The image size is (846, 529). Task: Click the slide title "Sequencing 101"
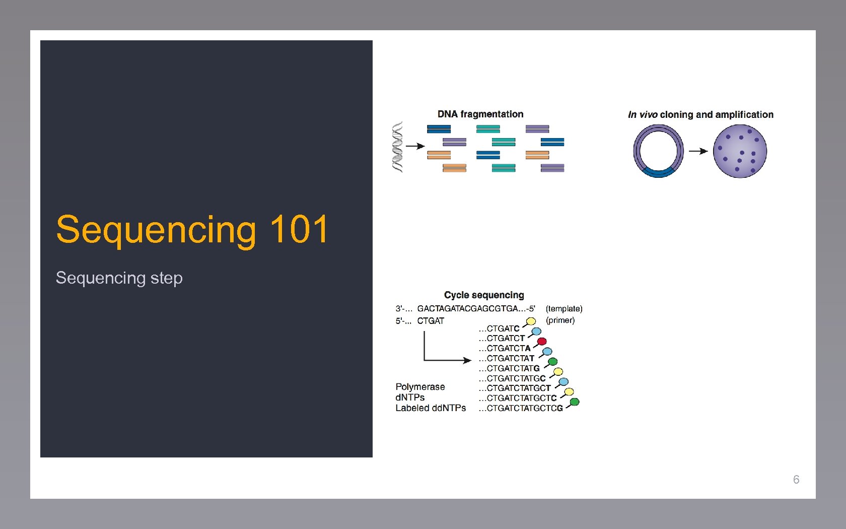coord(192,230)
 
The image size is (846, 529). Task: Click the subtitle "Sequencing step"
coord(119,278)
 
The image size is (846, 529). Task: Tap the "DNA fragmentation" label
coord(480,114)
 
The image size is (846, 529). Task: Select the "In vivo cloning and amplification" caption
coord(700,115)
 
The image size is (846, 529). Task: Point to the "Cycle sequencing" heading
coord(483,295)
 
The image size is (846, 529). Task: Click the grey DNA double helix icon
coord(398,147)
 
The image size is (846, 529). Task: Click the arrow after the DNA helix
coord(415,146)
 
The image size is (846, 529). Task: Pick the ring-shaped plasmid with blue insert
coord(658,151)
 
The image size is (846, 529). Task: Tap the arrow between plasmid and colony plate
coord(698,151)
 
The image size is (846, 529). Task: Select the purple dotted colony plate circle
coord(740,151)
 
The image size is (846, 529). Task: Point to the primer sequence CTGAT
coord(431,321)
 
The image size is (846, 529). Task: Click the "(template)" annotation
coord(564,308)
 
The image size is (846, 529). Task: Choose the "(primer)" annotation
coord(560,320)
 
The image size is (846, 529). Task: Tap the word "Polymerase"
coord(420,387)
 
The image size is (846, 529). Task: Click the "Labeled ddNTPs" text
coord(431,408)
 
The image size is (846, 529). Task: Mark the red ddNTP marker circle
coord(542,342)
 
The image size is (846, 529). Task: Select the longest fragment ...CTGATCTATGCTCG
coord(521,408)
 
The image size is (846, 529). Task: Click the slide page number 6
coord(796,480)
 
